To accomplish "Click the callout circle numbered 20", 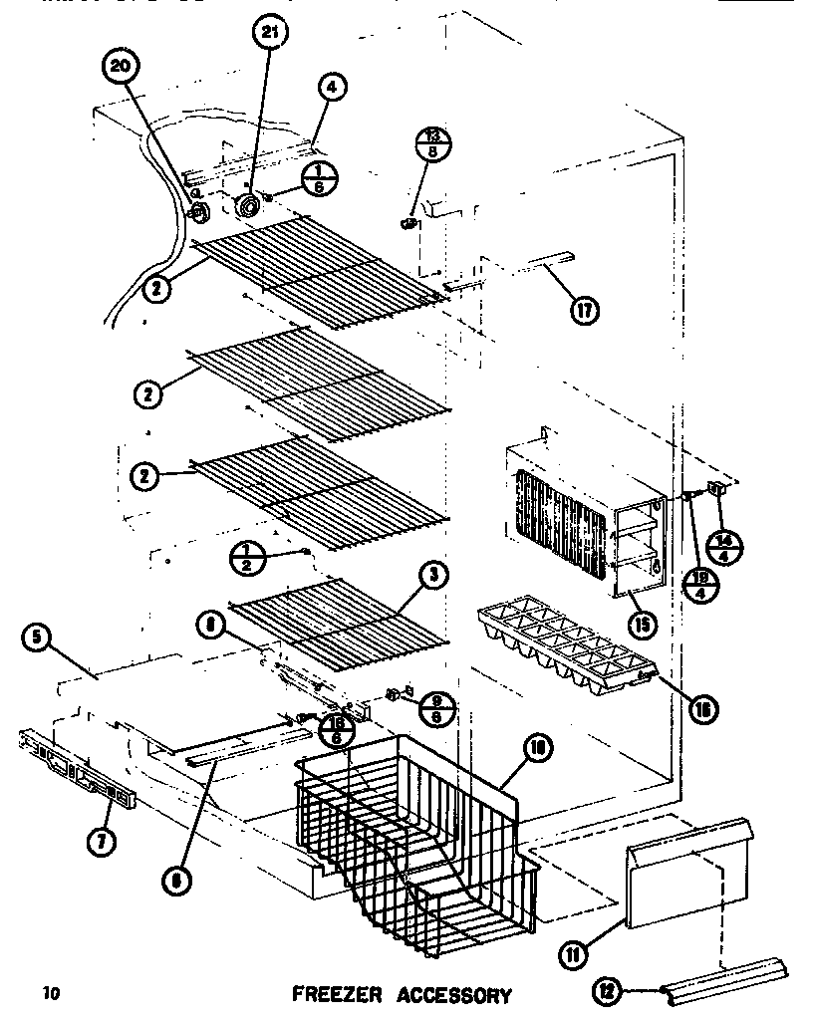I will click(x=120, y=67).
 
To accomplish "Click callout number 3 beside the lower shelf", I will click(x=435, y=575).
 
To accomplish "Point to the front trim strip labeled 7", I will click(x=75, y=768).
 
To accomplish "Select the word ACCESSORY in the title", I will click(x=454, y=994).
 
